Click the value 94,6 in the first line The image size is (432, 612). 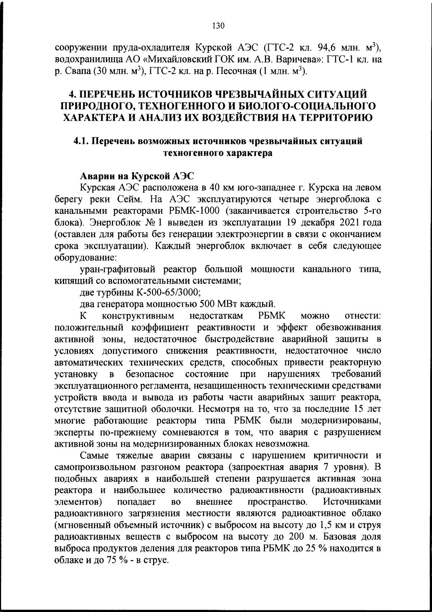[329, 47]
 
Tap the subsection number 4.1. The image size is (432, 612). [81, 141]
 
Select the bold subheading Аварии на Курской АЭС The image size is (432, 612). [137, 176]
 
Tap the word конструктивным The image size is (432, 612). [138, 316]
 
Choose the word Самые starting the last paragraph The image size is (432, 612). [94, 455]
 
